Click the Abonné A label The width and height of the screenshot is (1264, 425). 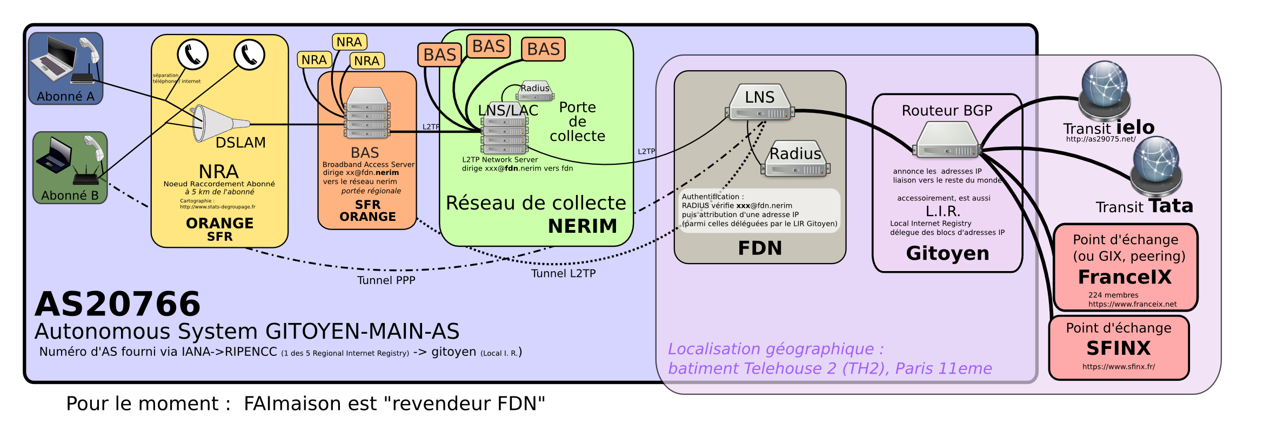click(65, 97)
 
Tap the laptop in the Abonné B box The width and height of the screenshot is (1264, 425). click(54, 156)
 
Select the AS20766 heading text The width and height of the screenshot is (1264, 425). click(118, 304)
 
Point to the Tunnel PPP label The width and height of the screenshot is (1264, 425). click(386, 280)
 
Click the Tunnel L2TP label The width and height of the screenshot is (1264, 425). click(563, 273)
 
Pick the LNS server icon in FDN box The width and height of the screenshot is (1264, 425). click(760, 103)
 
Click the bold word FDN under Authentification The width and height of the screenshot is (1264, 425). click(760, 248)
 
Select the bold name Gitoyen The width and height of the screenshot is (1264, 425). click(947, 253)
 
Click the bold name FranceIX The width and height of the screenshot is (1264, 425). click(1125, 277)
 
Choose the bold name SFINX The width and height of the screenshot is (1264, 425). click(1119, 348)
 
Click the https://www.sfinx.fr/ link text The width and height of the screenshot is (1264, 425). click(1119, 367)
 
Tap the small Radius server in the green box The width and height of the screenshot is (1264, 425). click(535, 92)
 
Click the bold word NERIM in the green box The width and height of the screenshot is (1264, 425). click(583, 226)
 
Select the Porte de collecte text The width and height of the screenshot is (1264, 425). click(577, 122)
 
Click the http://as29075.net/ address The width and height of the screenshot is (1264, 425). click(1101, 139)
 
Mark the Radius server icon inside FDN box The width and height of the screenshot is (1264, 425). click(795, 160)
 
